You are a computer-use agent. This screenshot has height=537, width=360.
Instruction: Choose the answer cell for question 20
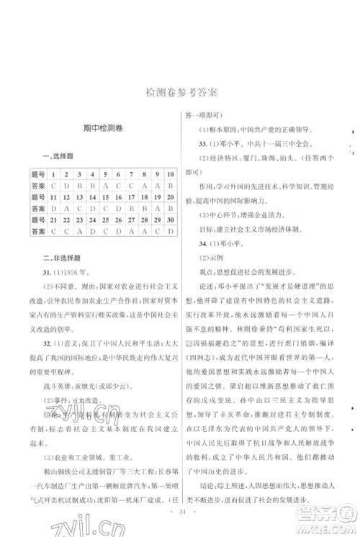tap(170, 208)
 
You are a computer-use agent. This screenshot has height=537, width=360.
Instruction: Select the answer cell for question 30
tap(170, 230)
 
